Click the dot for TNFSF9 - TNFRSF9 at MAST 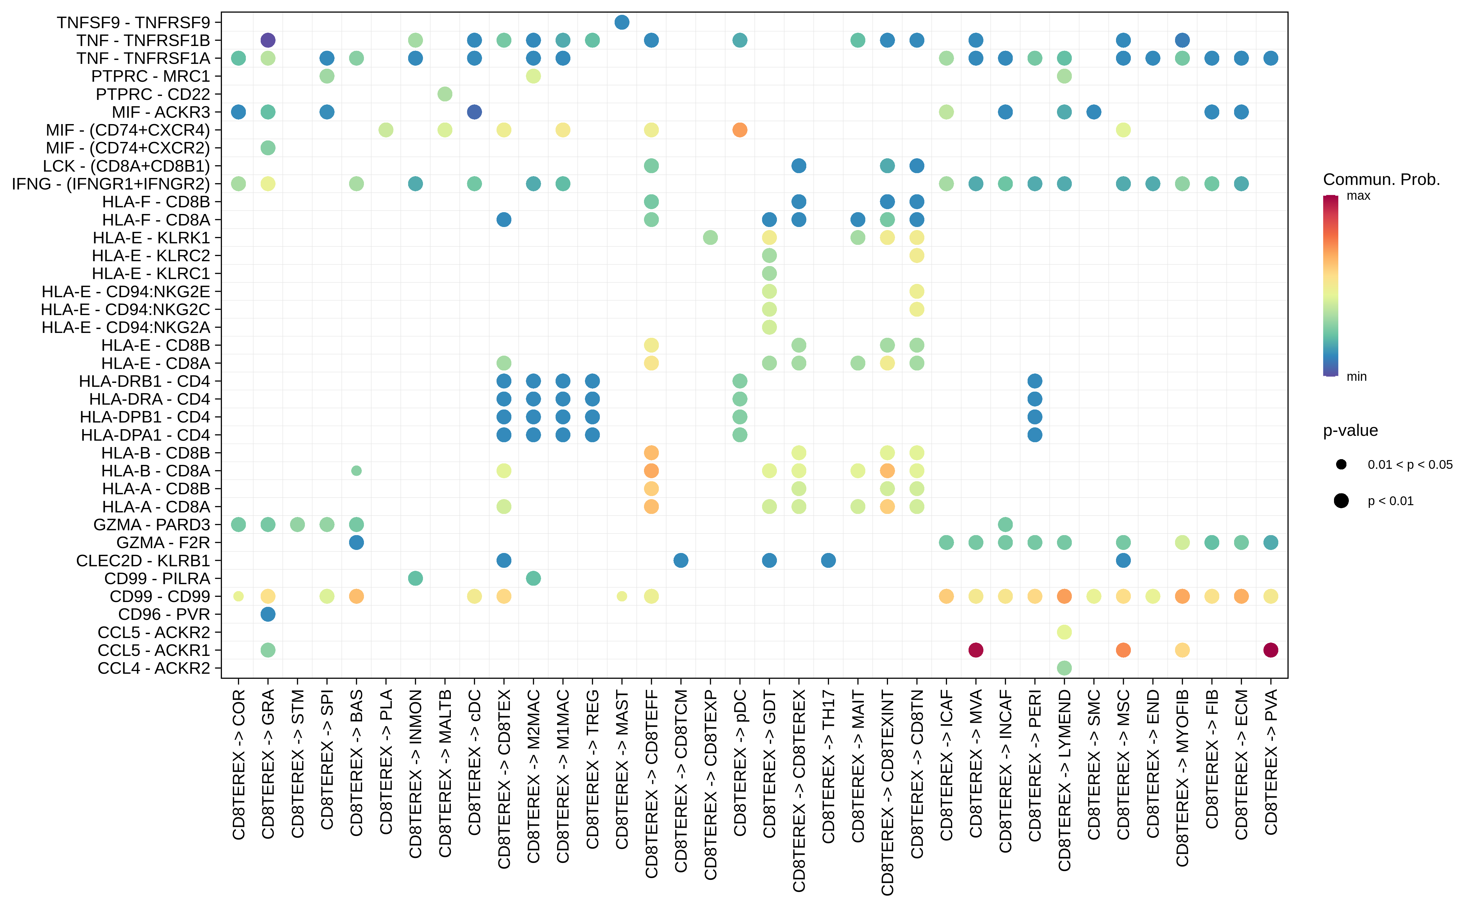click(x=622, y=22)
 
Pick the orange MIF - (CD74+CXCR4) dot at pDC click(x=739, y=130)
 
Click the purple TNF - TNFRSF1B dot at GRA click(x=268, y=40)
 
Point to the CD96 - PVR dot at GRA click(x=268, y=614)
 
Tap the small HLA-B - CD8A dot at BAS click(x=356, y=471)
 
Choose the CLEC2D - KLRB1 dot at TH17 click(x=828, y=560)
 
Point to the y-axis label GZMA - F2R click(x=163, y=543)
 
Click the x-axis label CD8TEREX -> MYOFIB click(x=1182, y=778)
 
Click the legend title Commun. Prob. click(x=1381, y=179)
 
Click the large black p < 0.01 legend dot click(x=1341, y=501)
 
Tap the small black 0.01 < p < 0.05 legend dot click(x=1341, y=464)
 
